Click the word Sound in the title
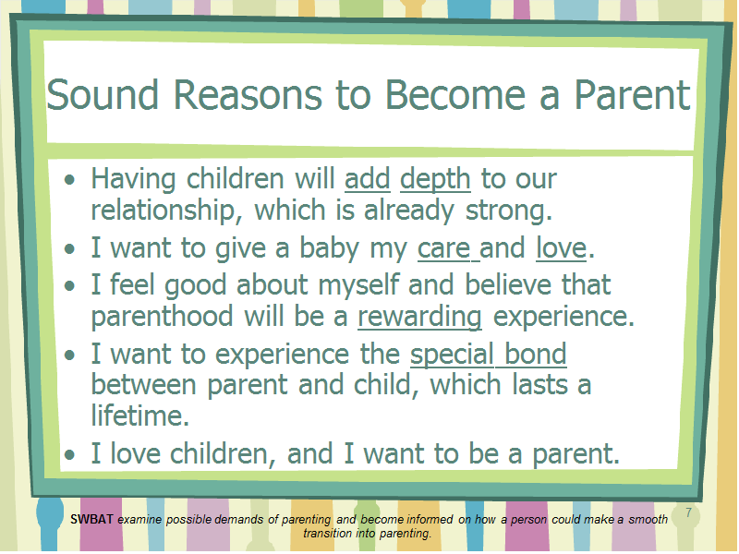coord(103,94)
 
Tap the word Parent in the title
coord(632,94)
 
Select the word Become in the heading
coord(455,94)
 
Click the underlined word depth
coord(435,180)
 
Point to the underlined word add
coord(368,178)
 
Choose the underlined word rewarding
coord(420,317)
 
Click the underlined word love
coord(562,247)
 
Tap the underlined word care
coord(443,249)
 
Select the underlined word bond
coord(536,354)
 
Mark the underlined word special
coord(452,355)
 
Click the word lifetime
coord(140,415)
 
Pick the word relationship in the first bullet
coord(167,211)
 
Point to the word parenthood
coord(163,317)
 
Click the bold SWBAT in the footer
coord(91,519)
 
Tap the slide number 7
coord(688,512)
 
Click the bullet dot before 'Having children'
coord(70,179)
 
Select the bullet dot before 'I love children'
coord(70,454)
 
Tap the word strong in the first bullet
coord(509,211)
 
